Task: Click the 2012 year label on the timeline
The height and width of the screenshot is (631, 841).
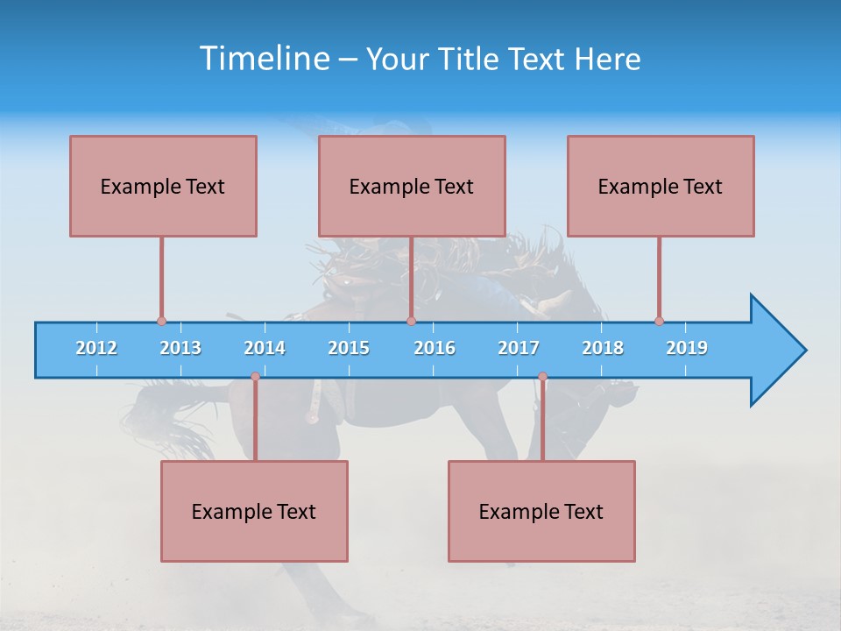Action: [96, 348]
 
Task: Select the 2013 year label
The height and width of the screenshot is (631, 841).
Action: [180, 348]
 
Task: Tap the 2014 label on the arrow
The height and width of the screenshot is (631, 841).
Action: [265, 348]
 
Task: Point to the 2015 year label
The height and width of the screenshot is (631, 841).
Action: [349, 348]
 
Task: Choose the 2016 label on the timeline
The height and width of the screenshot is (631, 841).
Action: [435, 348]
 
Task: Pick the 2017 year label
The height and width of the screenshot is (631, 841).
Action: [519, 348]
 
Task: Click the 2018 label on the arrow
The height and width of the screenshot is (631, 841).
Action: [603, 348]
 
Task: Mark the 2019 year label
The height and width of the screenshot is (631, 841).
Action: [687, 348]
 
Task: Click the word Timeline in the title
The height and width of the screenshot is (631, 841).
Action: [262, 59]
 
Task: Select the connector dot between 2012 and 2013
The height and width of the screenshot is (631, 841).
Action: [161, 321]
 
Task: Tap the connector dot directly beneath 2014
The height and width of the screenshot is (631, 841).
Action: [255, 377]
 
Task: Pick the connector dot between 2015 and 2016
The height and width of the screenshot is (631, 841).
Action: [411, 321]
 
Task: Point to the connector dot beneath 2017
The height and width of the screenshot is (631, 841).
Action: [542, 377]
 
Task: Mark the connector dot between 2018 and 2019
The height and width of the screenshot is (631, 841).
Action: [659, 321]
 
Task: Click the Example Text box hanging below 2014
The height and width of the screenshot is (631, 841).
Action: [254, 511]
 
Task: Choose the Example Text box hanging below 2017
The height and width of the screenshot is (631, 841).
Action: [541, 511]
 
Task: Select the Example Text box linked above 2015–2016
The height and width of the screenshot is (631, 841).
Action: [412, 186]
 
